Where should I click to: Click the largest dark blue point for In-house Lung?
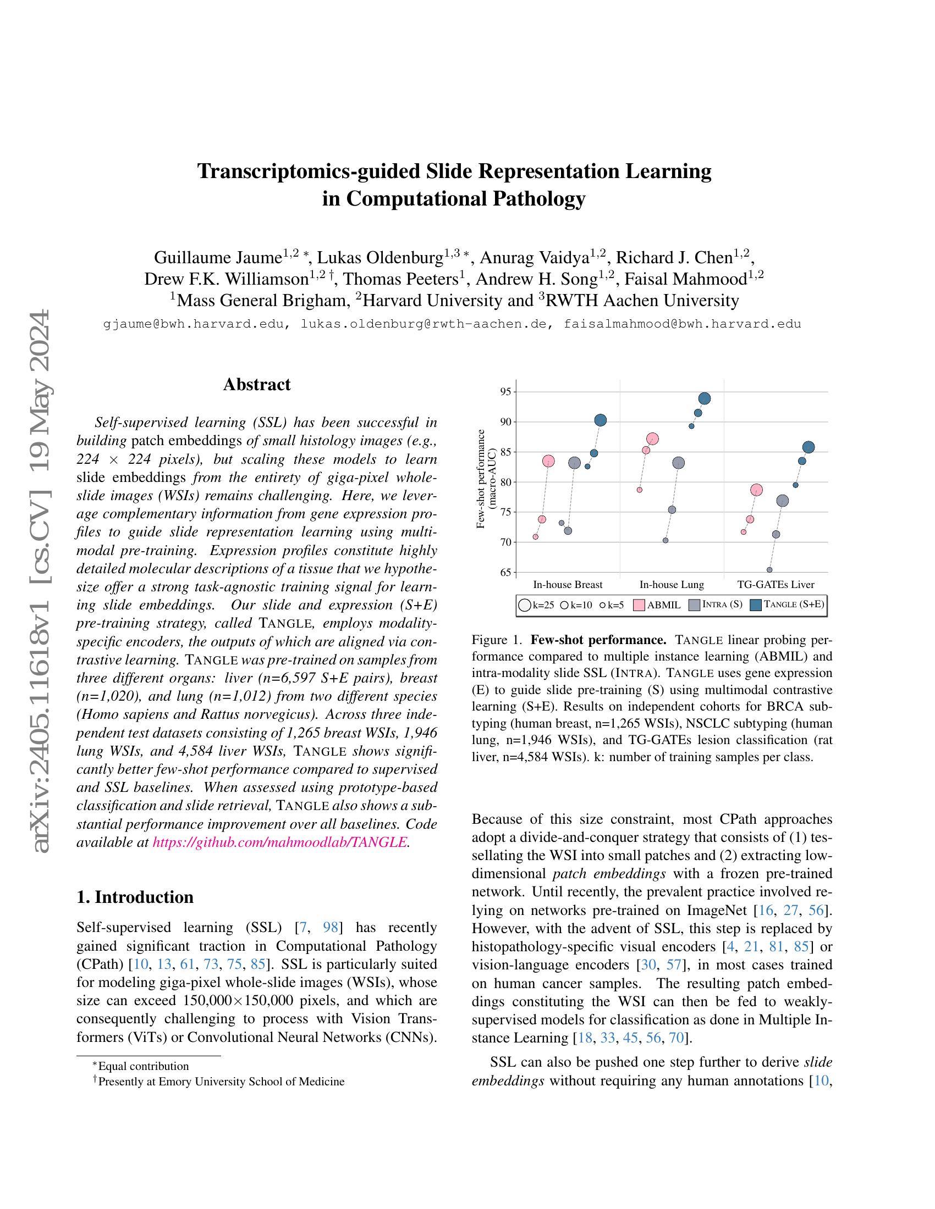[705, 398]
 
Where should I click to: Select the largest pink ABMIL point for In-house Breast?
[548, 461]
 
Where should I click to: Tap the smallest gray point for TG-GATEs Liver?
[769, 570]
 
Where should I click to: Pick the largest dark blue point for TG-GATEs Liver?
[808, 447]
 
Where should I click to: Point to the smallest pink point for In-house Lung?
[639, 490]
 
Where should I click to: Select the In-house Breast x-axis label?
[568, 585]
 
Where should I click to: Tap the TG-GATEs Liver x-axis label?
[776, 585]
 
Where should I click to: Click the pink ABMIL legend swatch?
[639, 605]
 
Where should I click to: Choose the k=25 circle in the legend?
[524, 605]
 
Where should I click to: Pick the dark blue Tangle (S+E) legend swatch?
[756, 605]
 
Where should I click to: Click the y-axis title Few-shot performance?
[481, 479]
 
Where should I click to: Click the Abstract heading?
[256, 385]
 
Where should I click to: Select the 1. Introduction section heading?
[135, 897]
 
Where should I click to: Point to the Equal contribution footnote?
[143, 1066]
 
